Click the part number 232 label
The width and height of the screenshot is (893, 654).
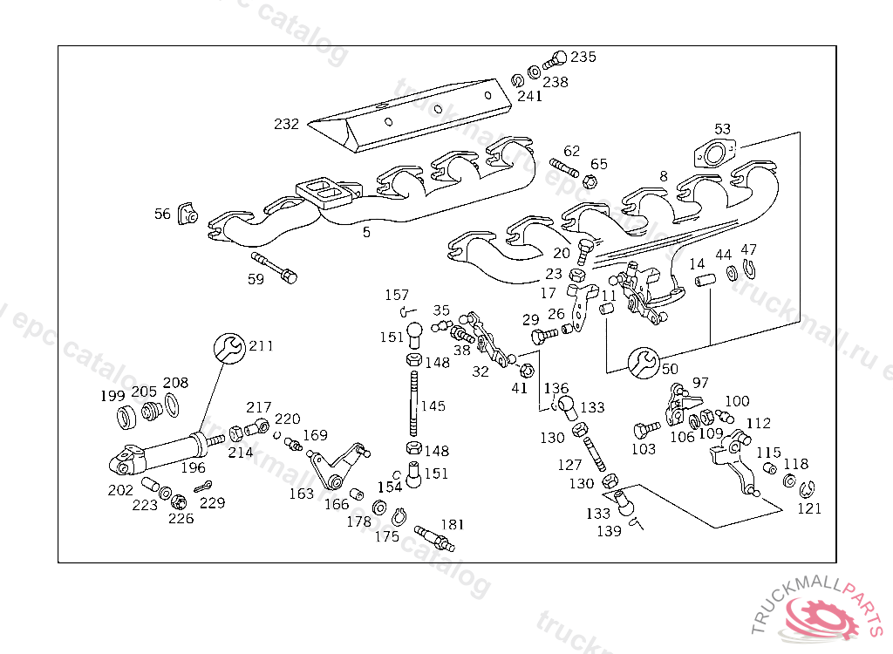(286, 124)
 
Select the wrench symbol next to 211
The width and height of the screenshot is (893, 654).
(229, 348)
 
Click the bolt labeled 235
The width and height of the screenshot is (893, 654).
(553, 62)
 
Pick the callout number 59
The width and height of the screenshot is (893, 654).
(256, 279)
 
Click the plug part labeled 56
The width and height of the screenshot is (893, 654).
(187, 213)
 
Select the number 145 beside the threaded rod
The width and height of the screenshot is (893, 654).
(433, 406)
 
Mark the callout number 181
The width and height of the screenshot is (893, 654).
(452, 524)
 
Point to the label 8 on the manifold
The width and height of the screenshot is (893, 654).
(664, 176)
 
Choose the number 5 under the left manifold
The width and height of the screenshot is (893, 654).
(366, 232)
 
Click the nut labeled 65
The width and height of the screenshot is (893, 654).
(589, 181)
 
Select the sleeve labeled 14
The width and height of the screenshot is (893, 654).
(704, 283)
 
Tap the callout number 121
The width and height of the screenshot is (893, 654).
(809, 508)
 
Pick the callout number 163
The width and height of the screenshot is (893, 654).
(301, 494)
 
